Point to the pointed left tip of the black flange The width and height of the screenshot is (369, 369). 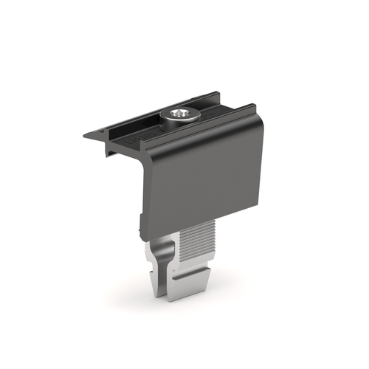coord(84,135)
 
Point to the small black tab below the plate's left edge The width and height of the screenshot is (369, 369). coord(140,224)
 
